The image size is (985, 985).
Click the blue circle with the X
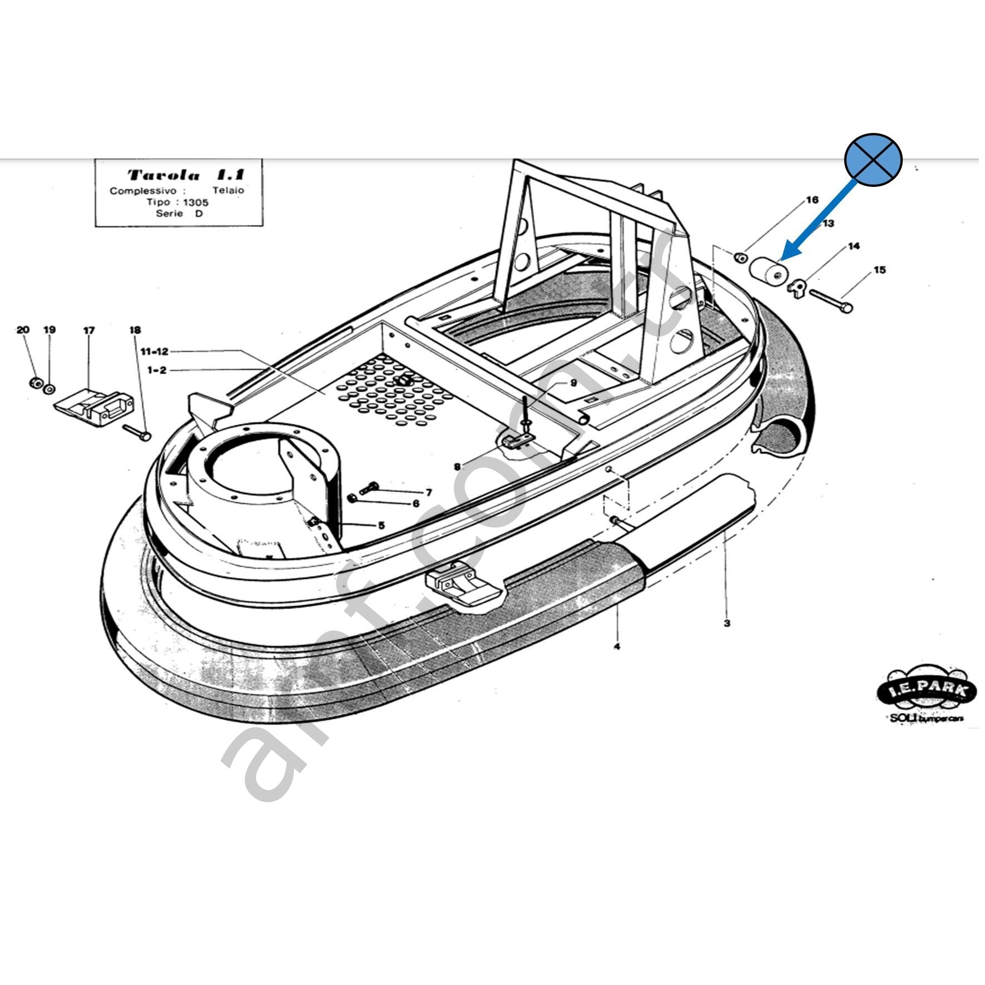(x=873, y=160)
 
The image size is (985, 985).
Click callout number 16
(x=813, y=200)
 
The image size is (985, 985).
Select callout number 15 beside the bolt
(x=879, y=270)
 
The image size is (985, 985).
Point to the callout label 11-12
(x=154, y=352)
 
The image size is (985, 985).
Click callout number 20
(x=23, y=330)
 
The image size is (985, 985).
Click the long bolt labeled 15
(x=831, y=300)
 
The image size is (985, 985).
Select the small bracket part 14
(x=797, y=288)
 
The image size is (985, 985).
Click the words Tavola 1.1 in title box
(x=185, y=175)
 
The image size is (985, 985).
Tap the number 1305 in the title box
(x=196, y=202)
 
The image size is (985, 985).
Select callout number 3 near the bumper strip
(x=726, y=623)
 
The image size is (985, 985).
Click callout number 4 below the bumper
(x=616, y=646)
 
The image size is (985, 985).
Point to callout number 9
(x=573, y=383)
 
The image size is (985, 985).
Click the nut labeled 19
(x=49, y=387)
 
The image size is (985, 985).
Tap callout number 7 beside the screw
(x=428, y=492)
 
